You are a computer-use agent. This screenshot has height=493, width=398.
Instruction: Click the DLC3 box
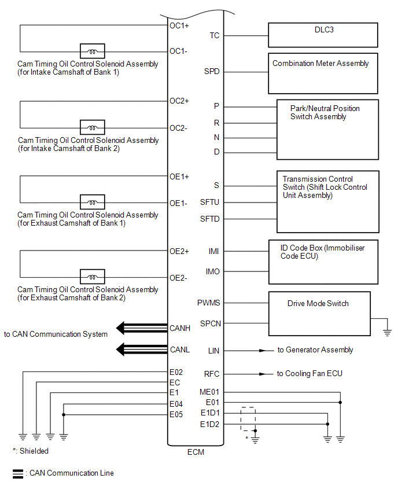(323, 35)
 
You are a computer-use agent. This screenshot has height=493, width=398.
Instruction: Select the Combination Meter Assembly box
(323, 73)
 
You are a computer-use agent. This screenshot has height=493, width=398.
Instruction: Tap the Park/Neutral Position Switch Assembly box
(327, 129)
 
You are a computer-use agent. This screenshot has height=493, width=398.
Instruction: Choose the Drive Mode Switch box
(319, 312)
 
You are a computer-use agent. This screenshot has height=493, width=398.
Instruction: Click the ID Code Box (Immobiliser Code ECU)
(323, 262)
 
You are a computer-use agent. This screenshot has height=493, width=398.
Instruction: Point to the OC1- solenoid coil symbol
(91, 51)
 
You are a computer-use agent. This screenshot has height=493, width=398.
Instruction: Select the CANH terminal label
(180, 329)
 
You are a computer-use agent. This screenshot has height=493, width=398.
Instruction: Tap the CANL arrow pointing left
(128, 349)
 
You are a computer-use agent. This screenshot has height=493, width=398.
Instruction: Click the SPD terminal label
(212, 72)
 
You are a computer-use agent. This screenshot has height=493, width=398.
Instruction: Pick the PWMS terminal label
(209, 303)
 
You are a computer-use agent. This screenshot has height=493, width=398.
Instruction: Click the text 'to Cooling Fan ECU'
(309, 374)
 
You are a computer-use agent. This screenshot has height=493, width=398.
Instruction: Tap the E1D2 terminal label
(210, 424)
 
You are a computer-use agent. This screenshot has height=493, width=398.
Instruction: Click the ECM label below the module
(195, 452)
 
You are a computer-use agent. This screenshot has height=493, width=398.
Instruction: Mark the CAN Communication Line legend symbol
(18, 473)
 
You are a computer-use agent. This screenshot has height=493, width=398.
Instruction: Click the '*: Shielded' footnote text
(31, 451)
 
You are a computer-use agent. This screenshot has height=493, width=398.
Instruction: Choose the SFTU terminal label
(210, 203)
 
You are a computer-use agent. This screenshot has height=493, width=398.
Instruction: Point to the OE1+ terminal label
(179, 176)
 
